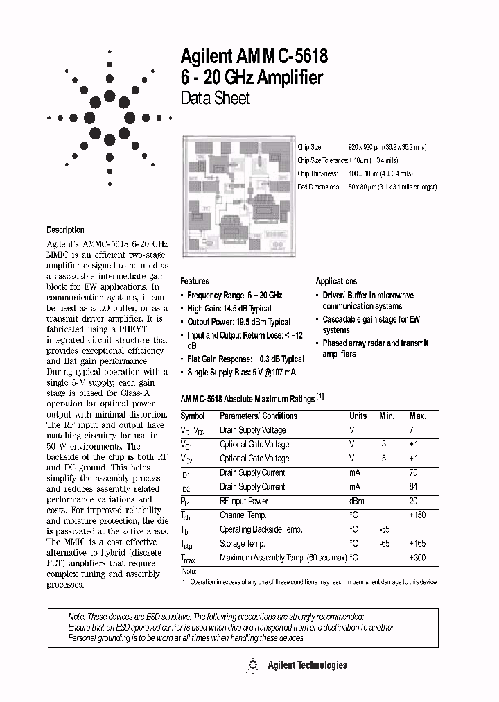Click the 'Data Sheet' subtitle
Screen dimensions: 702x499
[215, 99]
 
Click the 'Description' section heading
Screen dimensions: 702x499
[65, 230]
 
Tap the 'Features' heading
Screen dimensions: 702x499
[195, 281]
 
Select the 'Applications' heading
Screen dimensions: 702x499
[336, 281]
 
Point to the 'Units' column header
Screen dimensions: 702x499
[358, 416]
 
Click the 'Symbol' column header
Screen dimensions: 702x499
[193, 416]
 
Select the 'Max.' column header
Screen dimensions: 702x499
[417, 416]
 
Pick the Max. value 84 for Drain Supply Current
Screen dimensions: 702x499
[414, 487]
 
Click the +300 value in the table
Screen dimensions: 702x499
[417, 558]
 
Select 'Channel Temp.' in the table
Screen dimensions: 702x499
[243, 515]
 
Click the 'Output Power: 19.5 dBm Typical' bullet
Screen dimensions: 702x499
[238, 322]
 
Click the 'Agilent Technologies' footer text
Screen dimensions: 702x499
[306, 665]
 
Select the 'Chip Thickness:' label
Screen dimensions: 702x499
[317, 174]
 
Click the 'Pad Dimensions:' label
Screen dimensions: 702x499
[319, 187]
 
